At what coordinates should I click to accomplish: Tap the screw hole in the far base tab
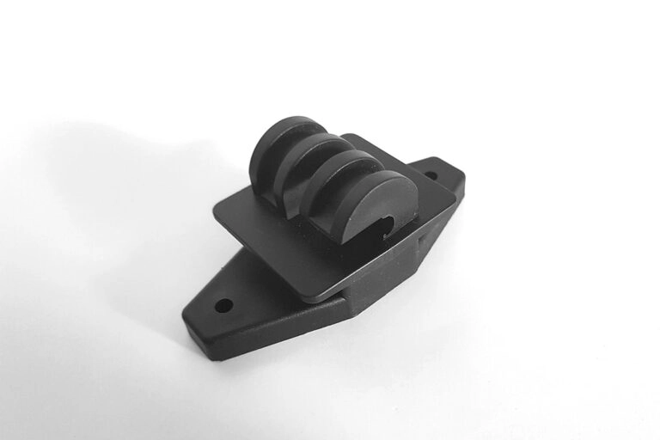tap(431, 178)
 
